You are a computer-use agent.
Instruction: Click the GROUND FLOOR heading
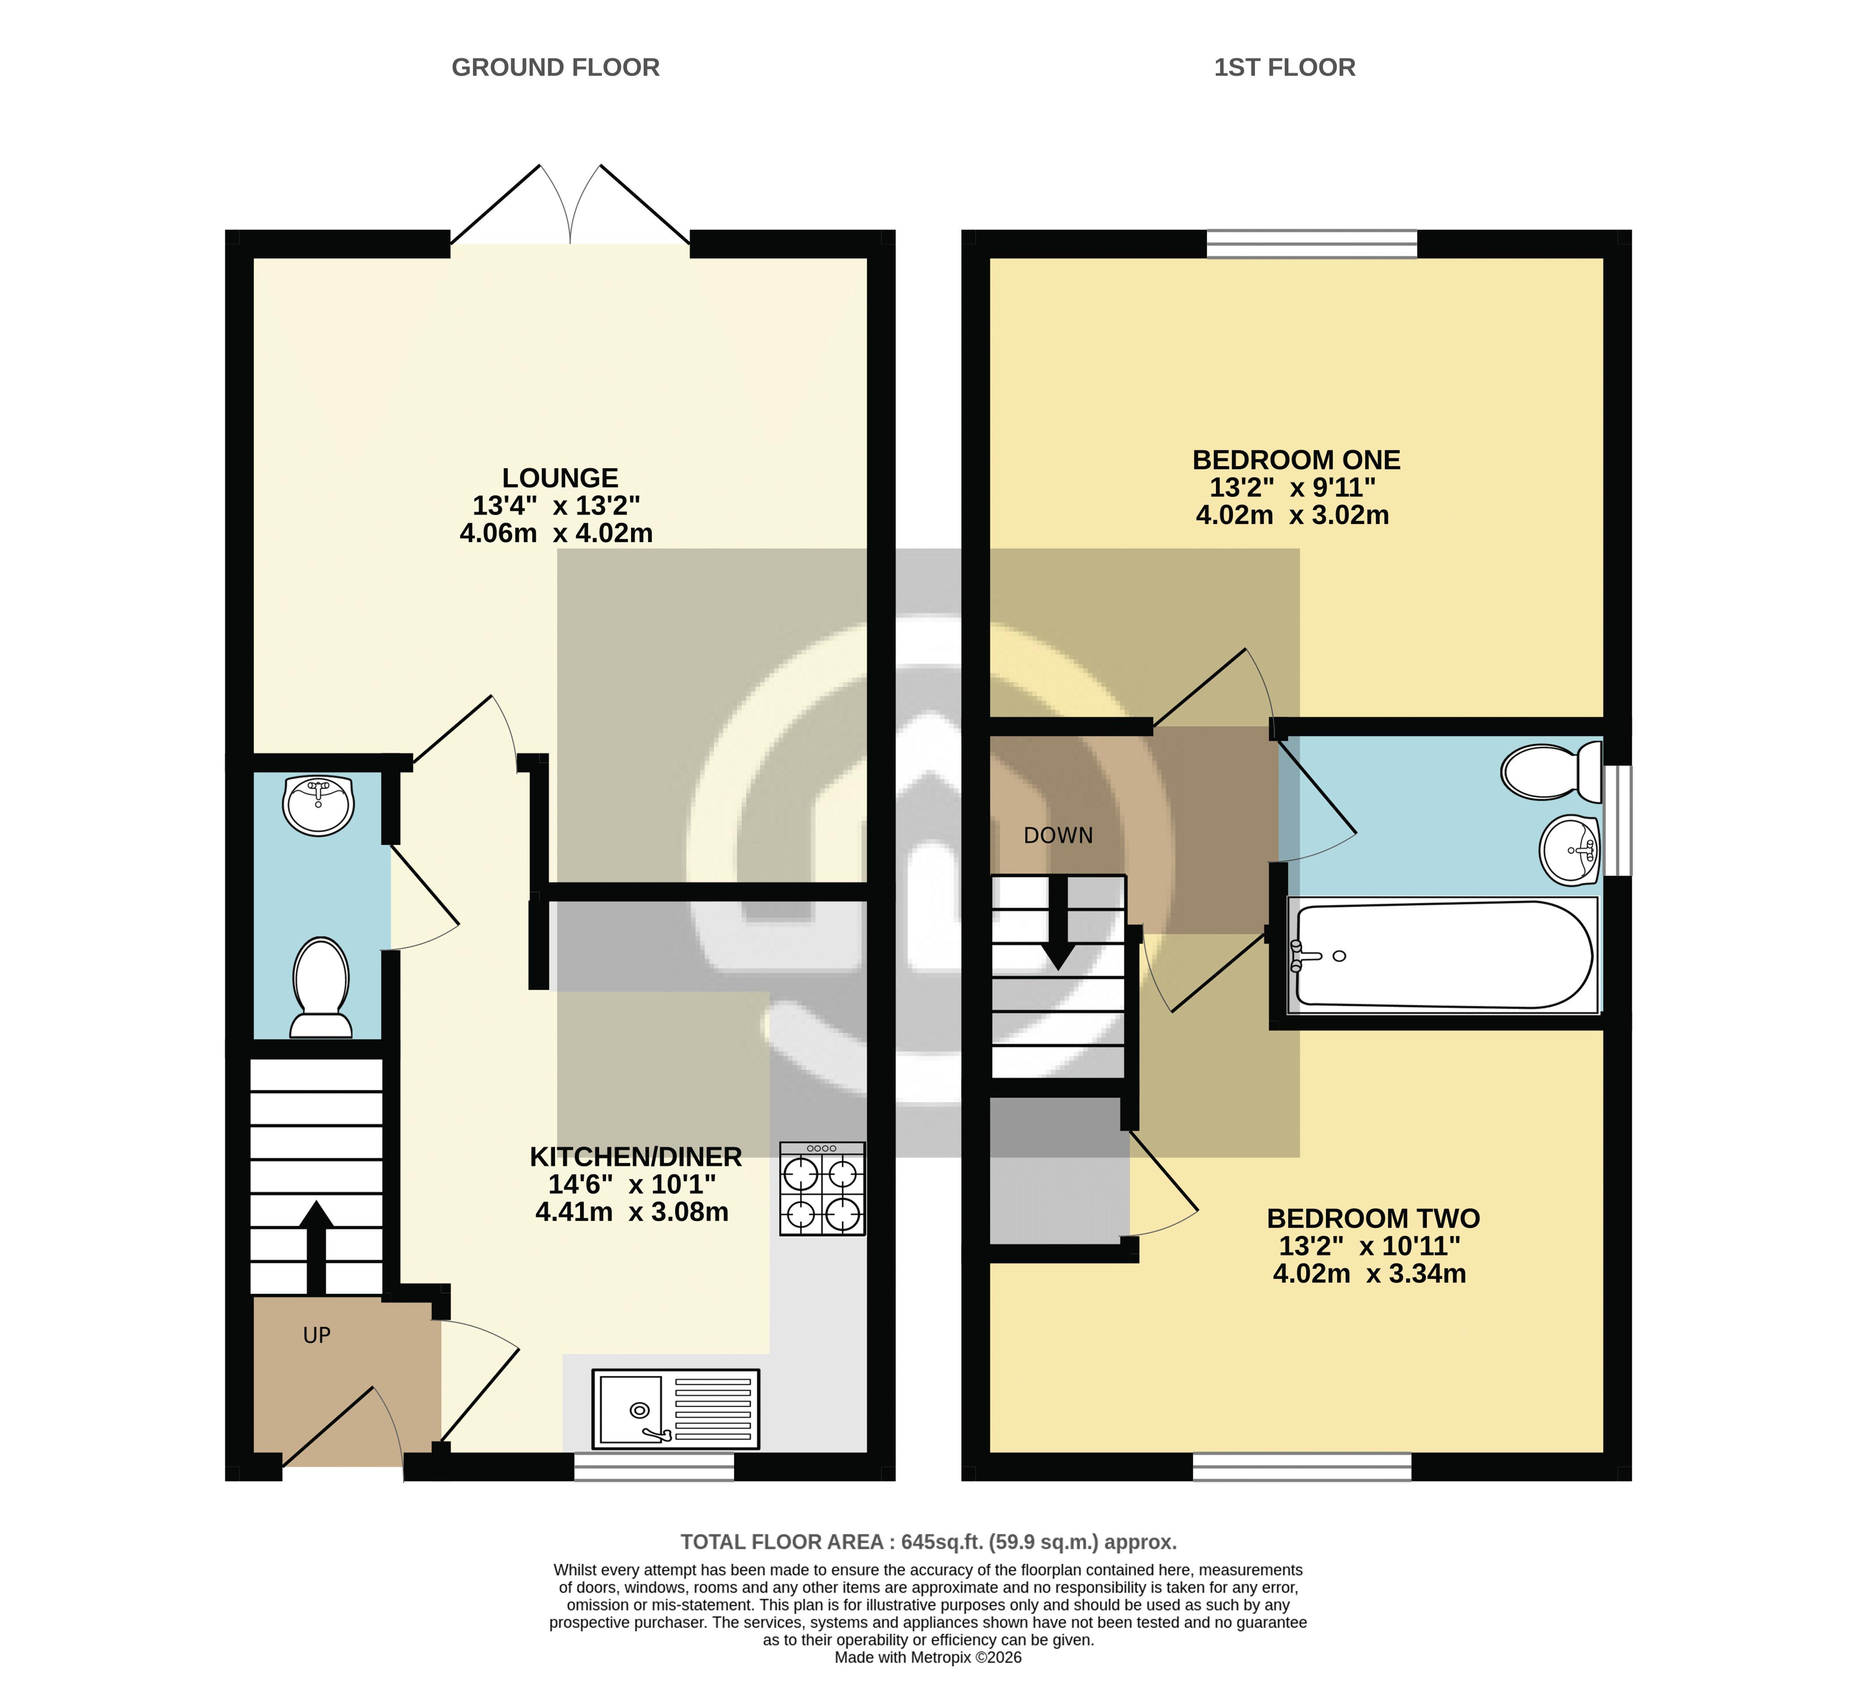[x=556, y=68]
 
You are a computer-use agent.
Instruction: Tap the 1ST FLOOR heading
[x=1285, y=68]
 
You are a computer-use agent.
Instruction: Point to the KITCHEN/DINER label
[x=636, y=1157]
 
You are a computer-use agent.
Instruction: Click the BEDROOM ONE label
[x=1297, y=460]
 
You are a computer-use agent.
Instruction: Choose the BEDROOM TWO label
[x=1373, y=1218]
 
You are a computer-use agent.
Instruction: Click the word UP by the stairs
[x=316, y=1335]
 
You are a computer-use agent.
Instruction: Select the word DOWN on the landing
[x=1058, y=836]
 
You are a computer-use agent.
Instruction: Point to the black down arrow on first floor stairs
[x=1058, y=923]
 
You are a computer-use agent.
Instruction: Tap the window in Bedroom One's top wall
[x=1312, y=244]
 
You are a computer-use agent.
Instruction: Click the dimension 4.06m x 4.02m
[x=556, y=533]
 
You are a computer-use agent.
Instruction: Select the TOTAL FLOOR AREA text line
[x=928, y=1542]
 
